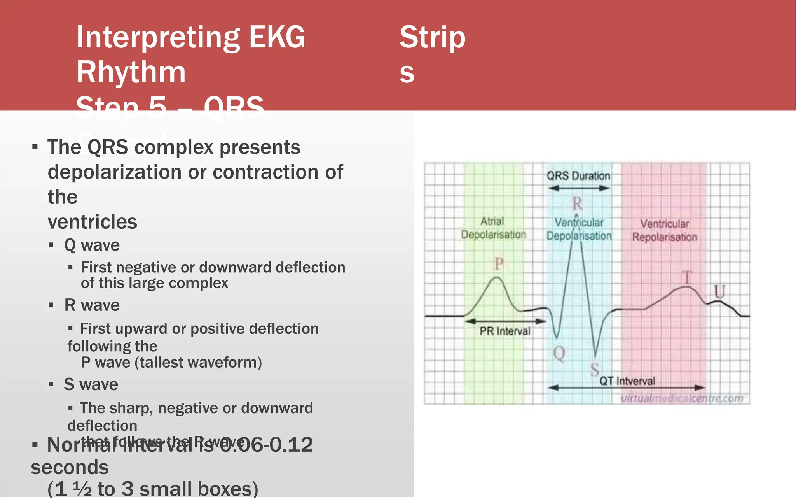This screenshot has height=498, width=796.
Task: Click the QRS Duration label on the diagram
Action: (578, 176)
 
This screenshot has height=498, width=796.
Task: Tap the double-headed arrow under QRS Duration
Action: (578, 188)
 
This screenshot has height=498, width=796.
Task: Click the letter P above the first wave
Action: (499, 264)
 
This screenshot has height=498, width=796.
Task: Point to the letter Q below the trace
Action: (559, 354)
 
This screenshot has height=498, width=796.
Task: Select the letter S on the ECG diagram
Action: (595, 369)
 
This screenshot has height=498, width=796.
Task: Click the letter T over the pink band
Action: (687, 278)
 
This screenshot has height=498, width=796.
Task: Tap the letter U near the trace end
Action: (719, 291)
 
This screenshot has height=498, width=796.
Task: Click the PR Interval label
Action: (504, 331)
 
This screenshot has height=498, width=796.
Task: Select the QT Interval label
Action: (627, 381)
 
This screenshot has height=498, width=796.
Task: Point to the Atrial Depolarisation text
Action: (493, 228)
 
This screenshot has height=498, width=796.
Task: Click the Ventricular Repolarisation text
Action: (665, 230)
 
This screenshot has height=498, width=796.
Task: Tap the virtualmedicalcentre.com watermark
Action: (682, 398)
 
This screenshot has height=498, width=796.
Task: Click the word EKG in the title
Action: (277, 37)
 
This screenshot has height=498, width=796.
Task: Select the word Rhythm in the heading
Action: (131, 72)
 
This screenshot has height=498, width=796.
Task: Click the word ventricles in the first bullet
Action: (93, 222)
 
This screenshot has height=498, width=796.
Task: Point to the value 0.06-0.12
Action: (266, 445)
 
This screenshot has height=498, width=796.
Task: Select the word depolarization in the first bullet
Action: (115, 172)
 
